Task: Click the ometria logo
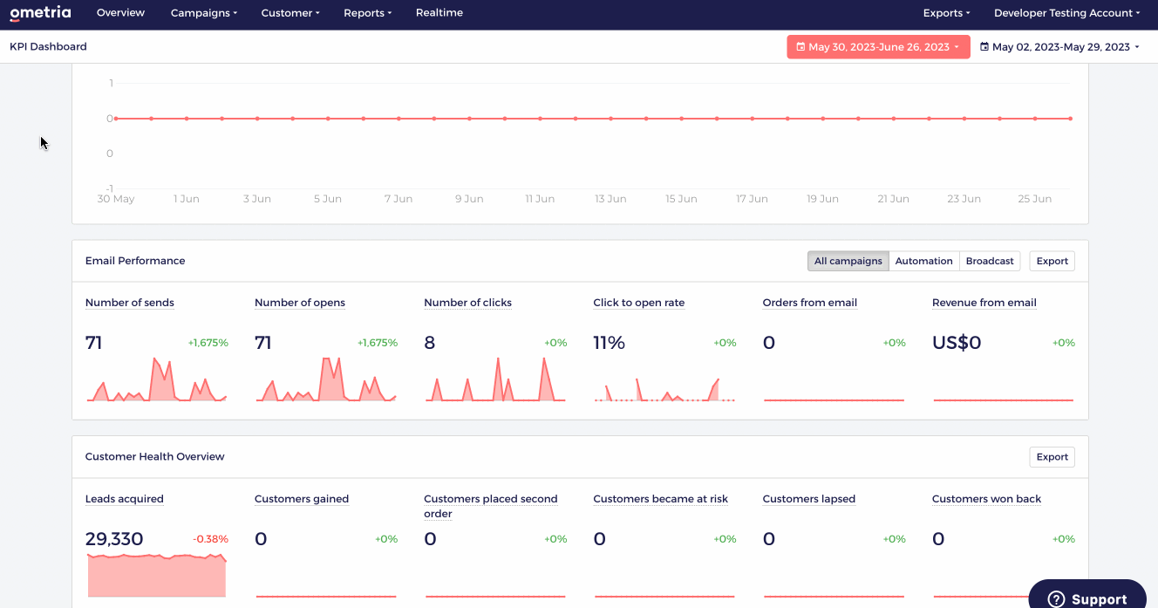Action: pos(40,13)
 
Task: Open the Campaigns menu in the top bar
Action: pos(204,13)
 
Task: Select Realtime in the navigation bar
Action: pos(439,12)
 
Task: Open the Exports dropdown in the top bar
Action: pos(946,13)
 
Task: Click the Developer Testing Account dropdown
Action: pos(1066,13)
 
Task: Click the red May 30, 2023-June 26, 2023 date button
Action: pos(878,47)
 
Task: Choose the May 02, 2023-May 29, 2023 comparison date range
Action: pos(1059,47)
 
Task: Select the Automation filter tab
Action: pos(923,261)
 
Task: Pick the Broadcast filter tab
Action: pos(990,261)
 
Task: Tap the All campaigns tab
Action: pos(848,261)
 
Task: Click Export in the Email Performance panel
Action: pos(1052,261)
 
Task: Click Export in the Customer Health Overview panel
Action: pos(1052,457)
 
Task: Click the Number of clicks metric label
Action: pos(468,303)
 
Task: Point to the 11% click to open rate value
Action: pos(609,343)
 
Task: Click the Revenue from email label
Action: pos(984,303)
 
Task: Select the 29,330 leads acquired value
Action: pos(114,539)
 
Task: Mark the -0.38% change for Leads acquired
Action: pos(210,539)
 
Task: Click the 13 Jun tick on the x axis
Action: pos(610,199)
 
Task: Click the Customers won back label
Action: pos(986,499)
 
